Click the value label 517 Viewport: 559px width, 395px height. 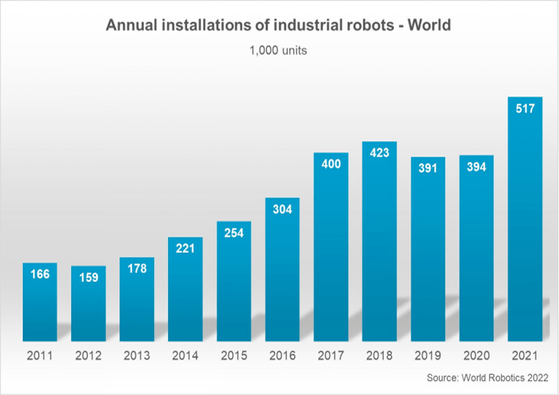(525, 108)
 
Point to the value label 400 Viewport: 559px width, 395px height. (331, 164)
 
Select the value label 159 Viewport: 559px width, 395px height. (88, 278)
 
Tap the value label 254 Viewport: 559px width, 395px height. (234, 233)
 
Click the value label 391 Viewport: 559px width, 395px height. (428, 168)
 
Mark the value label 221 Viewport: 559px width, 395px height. (186, 249)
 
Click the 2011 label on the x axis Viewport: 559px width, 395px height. (40, 356)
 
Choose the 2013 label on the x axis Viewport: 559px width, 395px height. (137, 356)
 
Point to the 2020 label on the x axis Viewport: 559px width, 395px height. (476, 356)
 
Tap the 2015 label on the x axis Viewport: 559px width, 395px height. (234, 356)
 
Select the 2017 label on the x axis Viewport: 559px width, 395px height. (331, 356)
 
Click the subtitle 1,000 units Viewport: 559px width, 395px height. (278, 50)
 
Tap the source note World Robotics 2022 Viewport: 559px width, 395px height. (488, 378)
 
